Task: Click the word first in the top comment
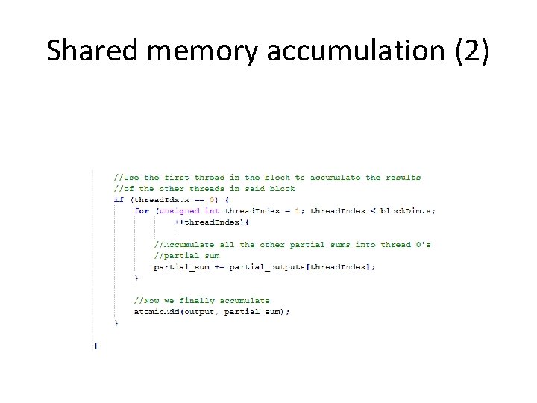tap(176, 178)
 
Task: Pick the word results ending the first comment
tap(403, 178)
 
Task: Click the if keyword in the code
tap(119, 199)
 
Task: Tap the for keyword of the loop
tap(141, 210)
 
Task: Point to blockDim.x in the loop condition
tap(408, 210)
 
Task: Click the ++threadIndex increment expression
tap(211, 222)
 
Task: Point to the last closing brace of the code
tap(95, 346)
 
